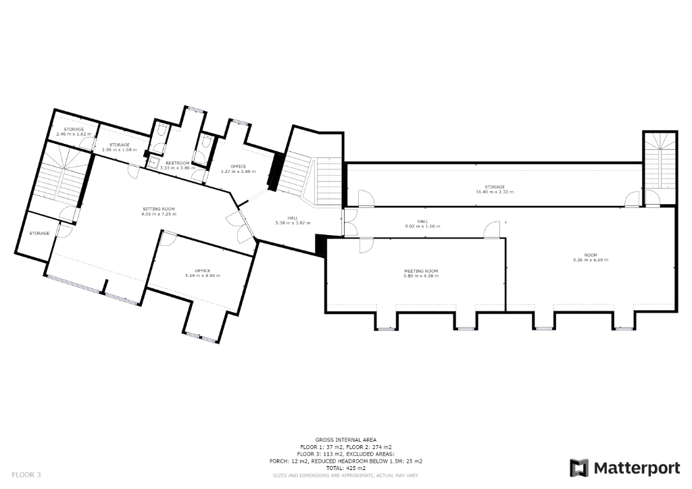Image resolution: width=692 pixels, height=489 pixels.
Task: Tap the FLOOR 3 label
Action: [x=26, y=475]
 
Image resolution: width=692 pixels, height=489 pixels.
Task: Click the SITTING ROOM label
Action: [x=158, y=209]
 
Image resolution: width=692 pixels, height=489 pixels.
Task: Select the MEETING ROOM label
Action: [x=420, y=271]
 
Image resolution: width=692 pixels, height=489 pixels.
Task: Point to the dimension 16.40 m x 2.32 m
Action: [x=494, y=192]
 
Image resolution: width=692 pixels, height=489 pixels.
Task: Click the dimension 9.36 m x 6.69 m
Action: [x=591, y=259]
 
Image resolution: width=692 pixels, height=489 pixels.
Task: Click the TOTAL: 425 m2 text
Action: [x=345, y=468]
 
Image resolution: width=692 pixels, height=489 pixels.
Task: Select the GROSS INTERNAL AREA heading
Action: [x=345, y=439]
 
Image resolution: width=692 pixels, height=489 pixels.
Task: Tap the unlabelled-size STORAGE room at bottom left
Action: [x=39, y=233]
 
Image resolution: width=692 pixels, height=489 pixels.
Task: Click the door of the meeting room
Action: [x=365, y=244]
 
